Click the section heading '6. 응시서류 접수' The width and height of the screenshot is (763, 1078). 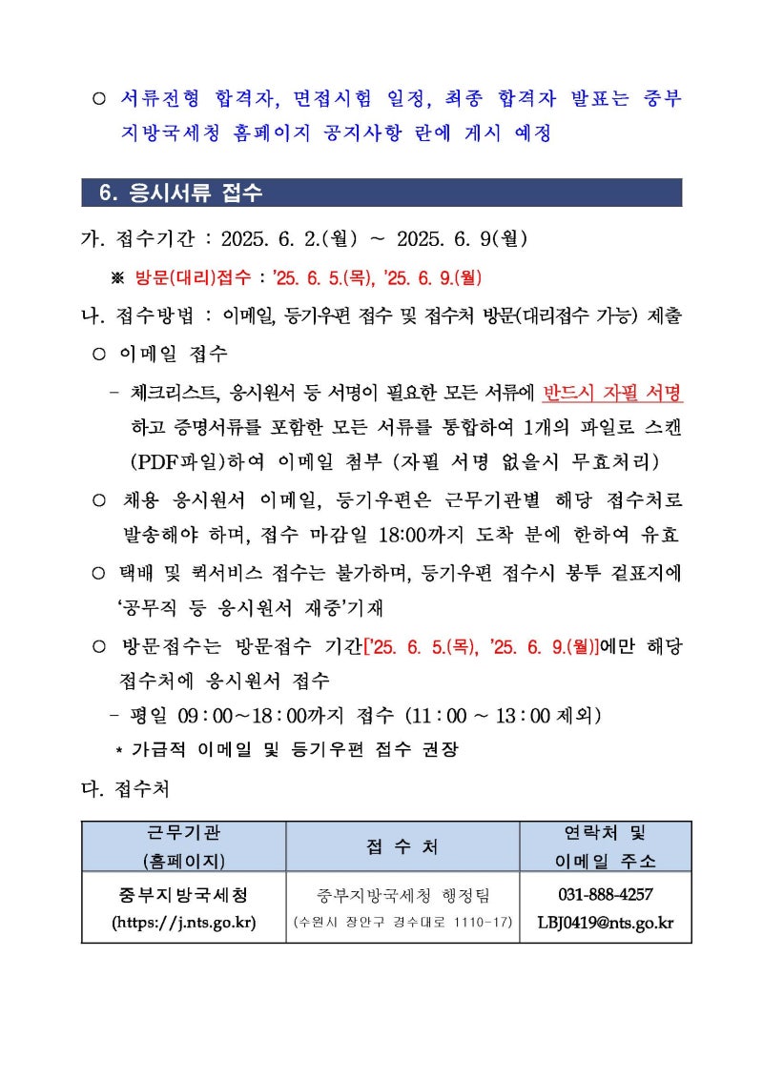point(180,193)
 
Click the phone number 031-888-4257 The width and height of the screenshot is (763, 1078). point(606,894)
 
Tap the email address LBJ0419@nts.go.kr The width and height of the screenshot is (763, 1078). point(606,922)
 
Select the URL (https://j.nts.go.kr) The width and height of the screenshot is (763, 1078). point(184,922)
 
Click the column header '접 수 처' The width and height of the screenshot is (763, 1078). point(402,845)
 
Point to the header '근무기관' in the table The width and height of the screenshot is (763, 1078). point(184,832)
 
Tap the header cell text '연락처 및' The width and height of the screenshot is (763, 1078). point(606,832)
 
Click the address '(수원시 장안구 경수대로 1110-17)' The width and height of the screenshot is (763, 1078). point(402,922)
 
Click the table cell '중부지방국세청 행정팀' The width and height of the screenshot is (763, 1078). point(402,894)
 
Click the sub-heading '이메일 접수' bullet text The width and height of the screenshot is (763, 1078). point(173,355)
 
